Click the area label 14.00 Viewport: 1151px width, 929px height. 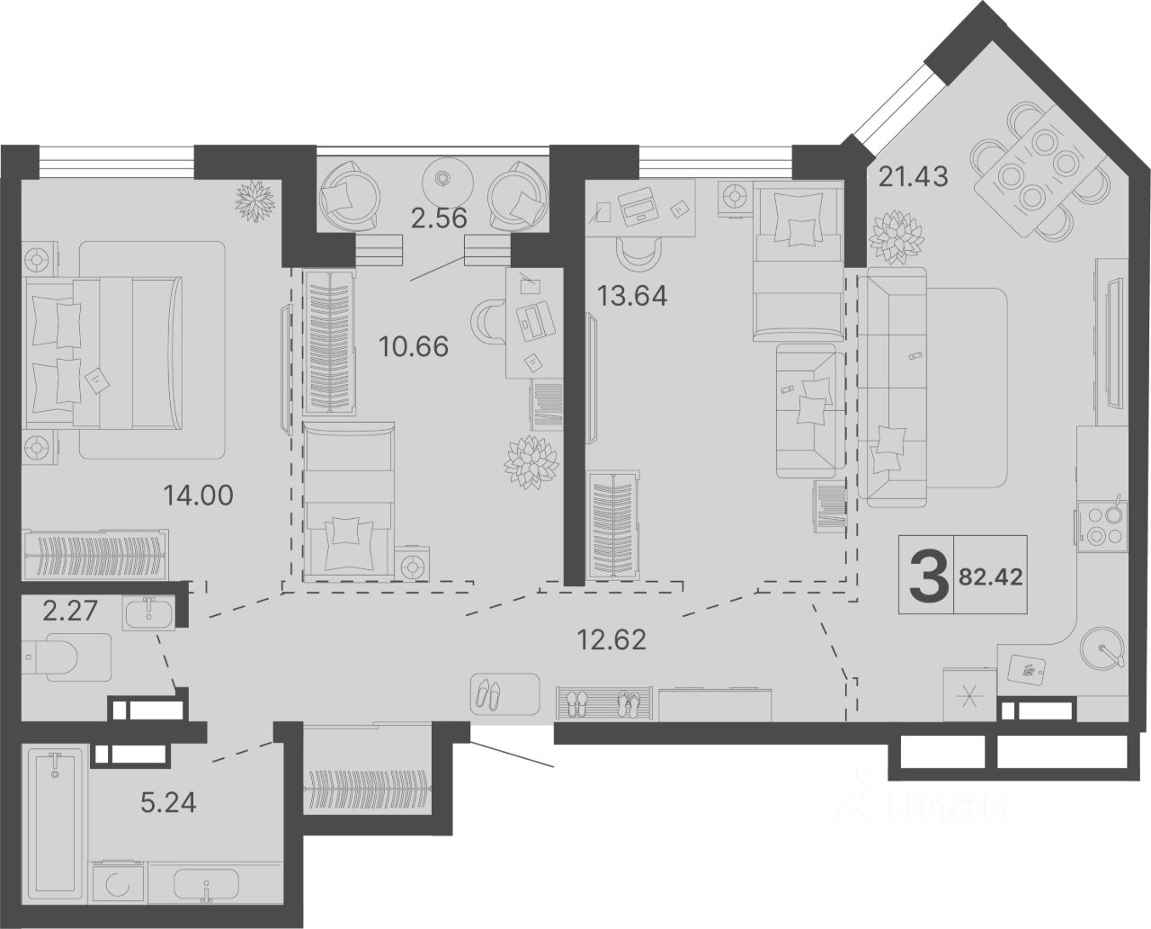tap(199, 495)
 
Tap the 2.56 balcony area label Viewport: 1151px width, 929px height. tap(439, 219)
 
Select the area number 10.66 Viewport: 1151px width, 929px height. tap(414, 346)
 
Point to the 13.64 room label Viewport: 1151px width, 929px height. tap(631, 296)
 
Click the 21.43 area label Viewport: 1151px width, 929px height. tap(913, 176)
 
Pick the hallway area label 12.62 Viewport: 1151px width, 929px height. tap(611, 640)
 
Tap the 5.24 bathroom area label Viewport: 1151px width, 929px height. tap(168, 817)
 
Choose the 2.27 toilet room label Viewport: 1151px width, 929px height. tap(70, 611)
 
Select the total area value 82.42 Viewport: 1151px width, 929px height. tap(991, 577)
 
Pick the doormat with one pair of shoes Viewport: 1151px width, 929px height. tap(504, 694)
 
